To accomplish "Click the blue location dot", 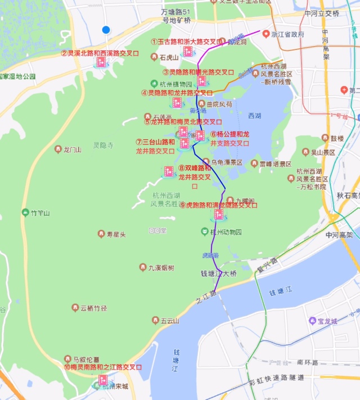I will pyautogui.click(x=106, y=30).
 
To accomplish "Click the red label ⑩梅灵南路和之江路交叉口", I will pyautogui.click(x=102, y=367).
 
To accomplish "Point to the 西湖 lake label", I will pyautogui.click(x=255, y=116).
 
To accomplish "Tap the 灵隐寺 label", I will pyautogui.click(x=103, y=146).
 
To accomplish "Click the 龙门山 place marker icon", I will pyautogui.click(x=58, y=149).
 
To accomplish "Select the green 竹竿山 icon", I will pyautogui.click(x=25, y=213).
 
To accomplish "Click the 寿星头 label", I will pyautogui.click(x=116, y=234).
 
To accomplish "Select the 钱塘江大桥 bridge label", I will pyautogui.click(x=219, y=274).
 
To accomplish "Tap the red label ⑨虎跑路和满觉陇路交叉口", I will pyautogui.click(x=218, y=205).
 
